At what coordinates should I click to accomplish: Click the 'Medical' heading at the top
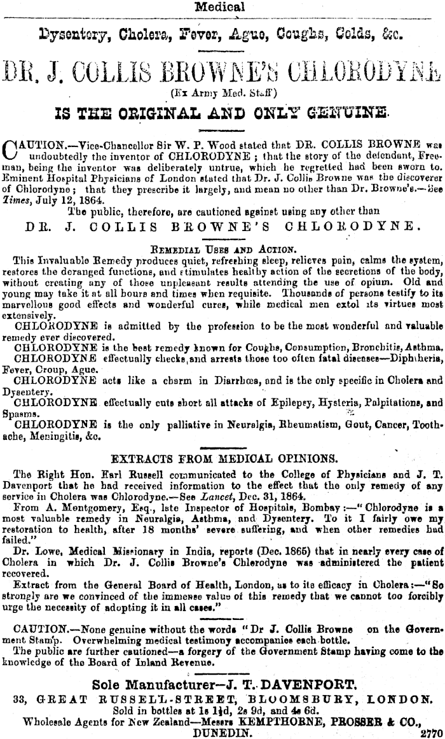click(x=220, y=8)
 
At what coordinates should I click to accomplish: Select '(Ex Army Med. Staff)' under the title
click(x=220, y=93)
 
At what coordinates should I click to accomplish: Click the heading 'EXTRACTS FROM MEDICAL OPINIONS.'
click(x=224, y=458)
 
